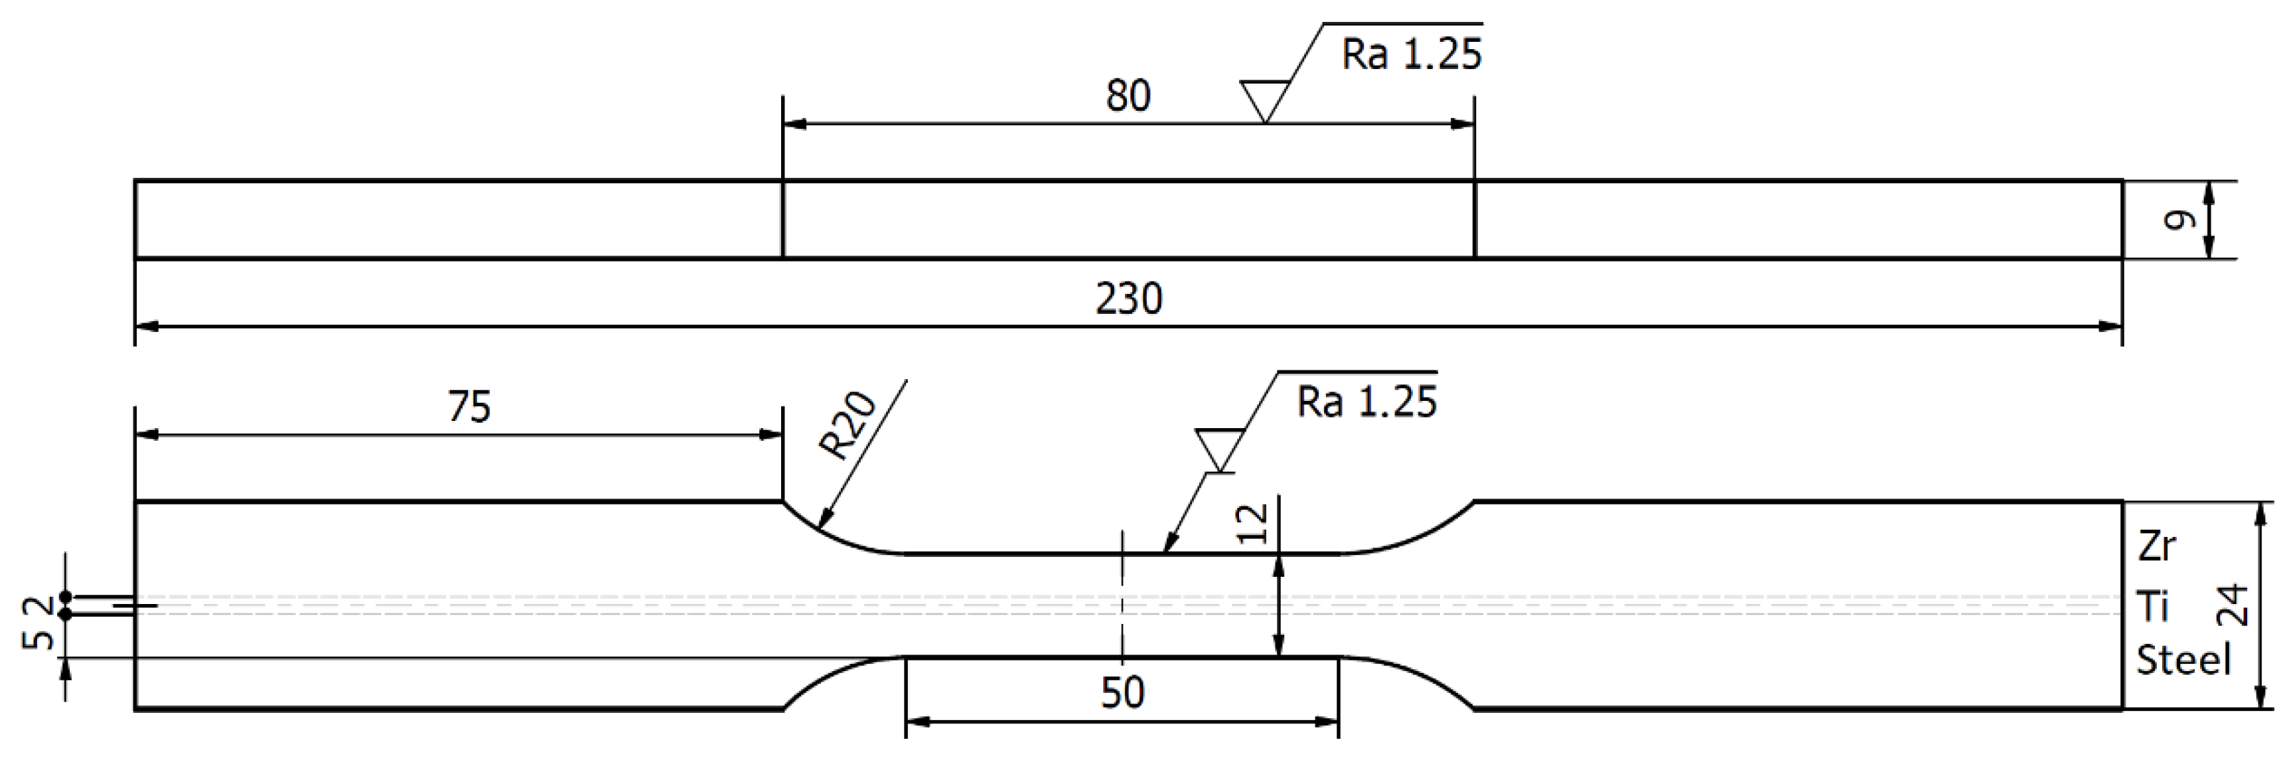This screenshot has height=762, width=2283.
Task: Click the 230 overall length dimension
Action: click(1128, 299)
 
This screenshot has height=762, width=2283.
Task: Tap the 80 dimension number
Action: click(1128, 96)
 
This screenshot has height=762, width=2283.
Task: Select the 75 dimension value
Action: click(469, 407)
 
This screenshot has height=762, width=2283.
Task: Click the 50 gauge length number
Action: click(1122, 692)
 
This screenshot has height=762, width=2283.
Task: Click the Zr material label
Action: click(2156, 547)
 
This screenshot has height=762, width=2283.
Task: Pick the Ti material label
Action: click(2152, 607)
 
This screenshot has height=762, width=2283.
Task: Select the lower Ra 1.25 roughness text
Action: click(1366, 402)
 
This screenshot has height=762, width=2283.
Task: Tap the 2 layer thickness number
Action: click(37, 609)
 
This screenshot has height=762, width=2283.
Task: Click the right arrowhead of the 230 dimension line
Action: click(2110, 327)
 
